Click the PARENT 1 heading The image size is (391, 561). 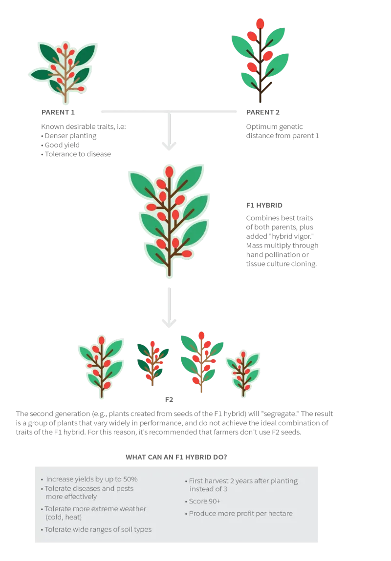(58, 112)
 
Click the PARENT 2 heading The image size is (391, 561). (263, 112)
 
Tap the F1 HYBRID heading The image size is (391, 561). (264, 206)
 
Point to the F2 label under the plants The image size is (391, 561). (169, 400)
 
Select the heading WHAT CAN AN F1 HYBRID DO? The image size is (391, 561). (176, 457)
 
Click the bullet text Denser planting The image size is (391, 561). (70, 136)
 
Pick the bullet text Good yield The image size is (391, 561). (62, 145)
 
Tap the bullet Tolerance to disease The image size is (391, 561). (78, 154)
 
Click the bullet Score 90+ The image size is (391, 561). (204, 501)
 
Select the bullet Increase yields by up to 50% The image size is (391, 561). (92, 479)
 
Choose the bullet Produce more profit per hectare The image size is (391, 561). (240, 514)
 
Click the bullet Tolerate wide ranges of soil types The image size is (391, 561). (98, 530)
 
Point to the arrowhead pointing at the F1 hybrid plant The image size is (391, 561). (169, 146)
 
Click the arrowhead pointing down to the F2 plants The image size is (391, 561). (169, 323)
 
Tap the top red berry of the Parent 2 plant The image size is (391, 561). (261, 23)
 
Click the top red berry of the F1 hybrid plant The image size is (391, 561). (170, 172)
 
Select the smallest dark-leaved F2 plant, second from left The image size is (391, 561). (153, 364)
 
